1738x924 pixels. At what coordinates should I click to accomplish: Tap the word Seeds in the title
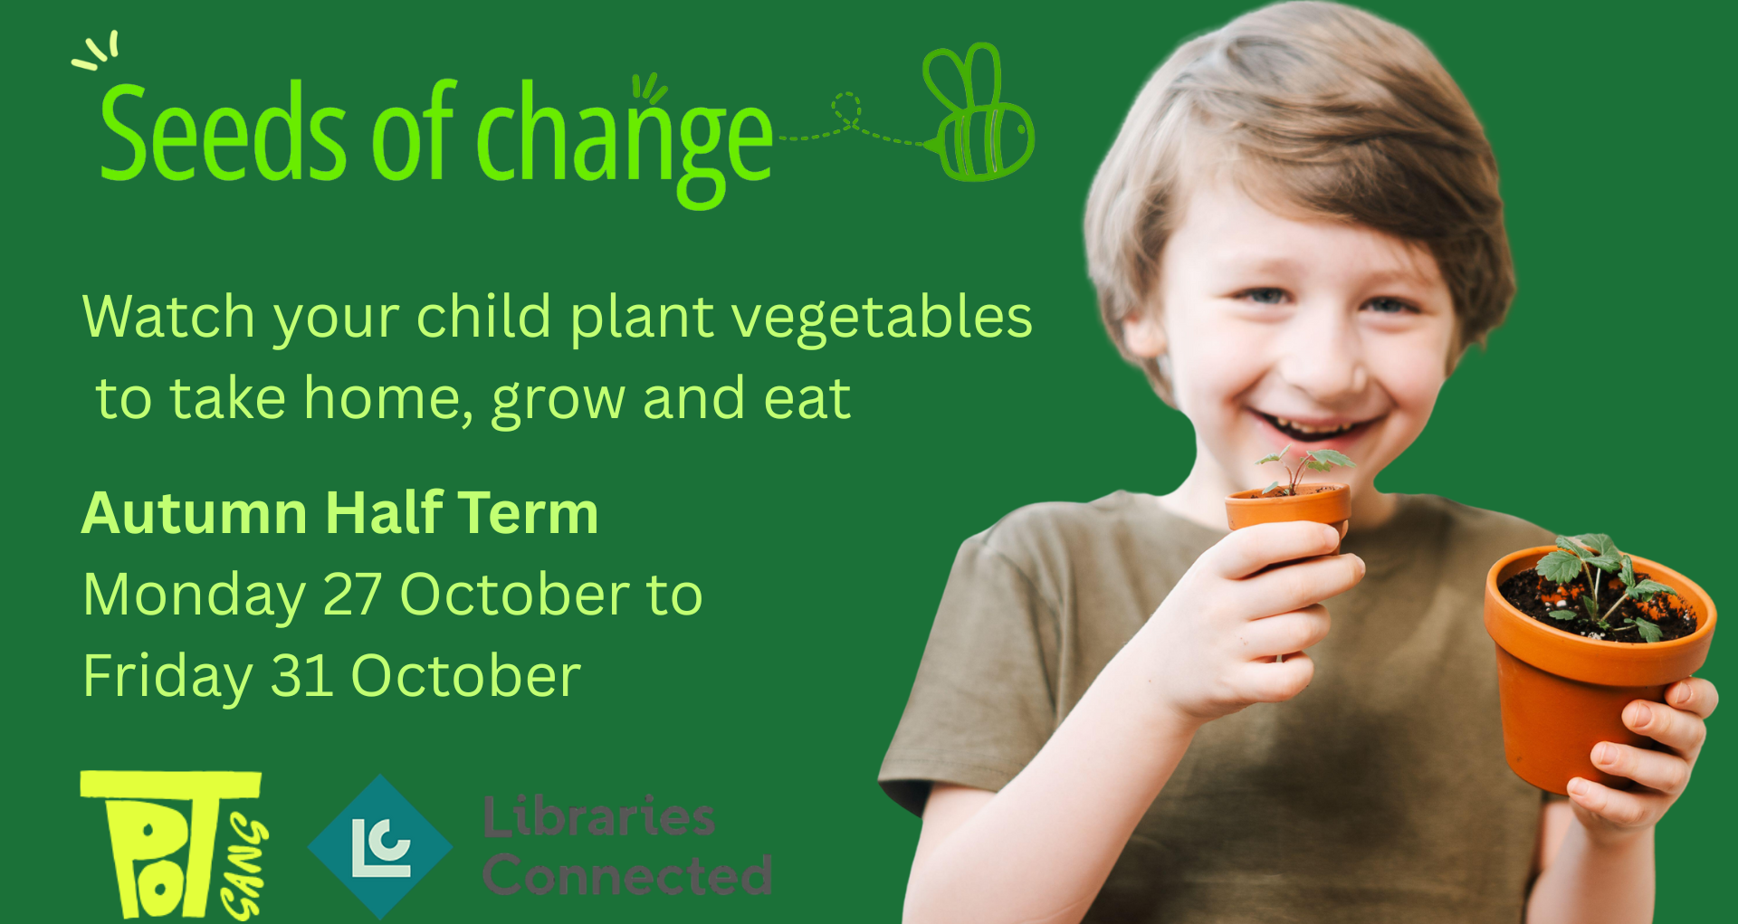pyautogui.click(x=223, y=131)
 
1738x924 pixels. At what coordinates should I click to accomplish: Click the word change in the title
pyautogui.click(x=625, y=140)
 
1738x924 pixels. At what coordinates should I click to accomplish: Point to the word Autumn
pyautogui.click(x=196, y=513)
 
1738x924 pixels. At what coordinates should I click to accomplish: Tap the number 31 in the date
pyautogui.click(x=302, y=676)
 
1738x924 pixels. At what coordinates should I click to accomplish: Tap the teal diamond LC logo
pyautogui.click(x=380, y=846)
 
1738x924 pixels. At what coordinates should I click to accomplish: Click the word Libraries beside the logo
pyautogui.click(x=598, y=816)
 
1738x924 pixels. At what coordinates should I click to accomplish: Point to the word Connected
pyautogui.click(x=627, y=874)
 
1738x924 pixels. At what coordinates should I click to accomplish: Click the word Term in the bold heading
pyautogui.click(x=529, y=513)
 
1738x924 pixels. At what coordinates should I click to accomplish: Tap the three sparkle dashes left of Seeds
pyautogui.click(x=96, y=51)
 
